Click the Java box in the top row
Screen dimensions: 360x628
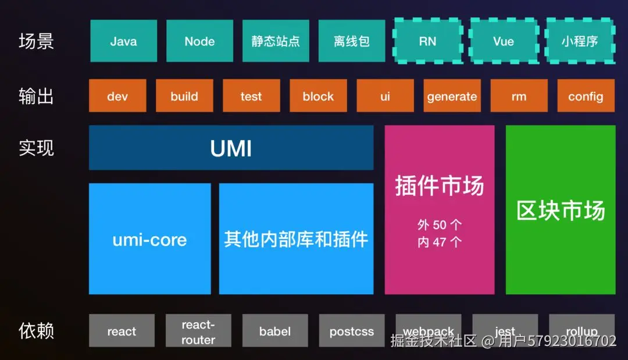coord(123,41)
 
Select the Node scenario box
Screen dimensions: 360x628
coord(199,41)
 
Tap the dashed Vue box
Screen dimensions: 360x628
coord(504,41)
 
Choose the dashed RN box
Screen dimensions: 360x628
coord(427,41)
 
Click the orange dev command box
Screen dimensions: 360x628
coord(117,96)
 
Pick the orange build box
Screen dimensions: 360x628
coord(184,96)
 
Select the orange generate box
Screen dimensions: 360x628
coord(452,96)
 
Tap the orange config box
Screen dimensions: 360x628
coord(586,96)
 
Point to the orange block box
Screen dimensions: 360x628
coord(318,96)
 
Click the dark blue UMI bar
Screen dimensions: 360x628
coord(231,148)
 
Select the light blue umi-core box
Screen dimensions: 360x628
coord(149,239)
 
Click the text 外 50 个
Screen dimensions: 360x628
coord(440,225)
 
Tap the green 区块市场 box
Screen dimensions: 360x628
coord(561,210)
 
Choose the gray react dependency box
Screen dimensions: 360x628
coord(122,331)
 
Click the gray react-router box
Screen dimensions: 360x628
coord(198,331)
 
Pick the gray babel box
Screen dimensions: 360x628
coord(275,331)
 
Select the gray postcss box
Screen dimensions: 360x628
coord(352,331)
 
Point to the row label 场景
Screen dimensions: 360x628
coord(36,41)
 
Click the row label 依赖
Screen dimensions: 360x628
coord(36,331)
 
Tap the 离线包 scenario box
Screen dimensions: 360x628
coord(352,41)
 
